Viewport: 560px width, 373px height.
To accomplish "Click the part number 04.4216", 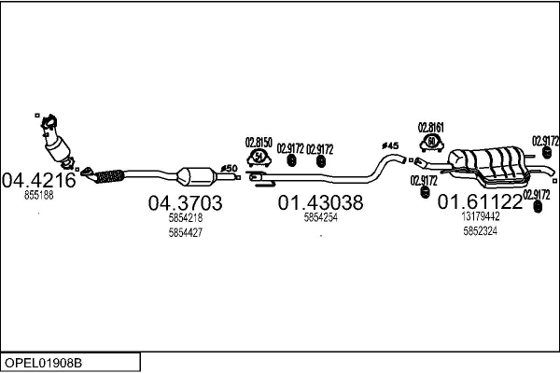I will (x=38, y=181).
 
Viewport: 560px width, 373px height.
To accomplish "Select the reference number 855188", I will (x=38, y=196).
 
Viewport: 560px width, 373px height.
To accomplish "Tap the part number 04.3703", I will (x=185, y=203).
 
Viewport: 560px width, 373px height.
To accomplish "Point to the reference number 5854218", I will (x=185, y=217).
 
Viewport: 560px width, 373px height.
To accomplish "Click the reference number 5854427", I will (x=185, y=231).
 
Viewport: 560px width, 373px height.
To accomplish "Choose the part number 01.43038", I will (x=320, y=202).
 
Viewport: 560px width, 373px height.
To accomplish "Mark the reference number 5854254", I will (x=320, y=216).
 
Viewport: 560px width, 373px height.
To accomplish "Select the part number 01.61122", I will (x=481, y=202).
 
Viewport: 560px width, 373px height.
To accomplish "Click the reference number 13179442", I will (x=481, y=216).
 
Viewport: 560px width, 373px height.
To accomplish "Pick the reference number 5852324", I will (x=481, y=230).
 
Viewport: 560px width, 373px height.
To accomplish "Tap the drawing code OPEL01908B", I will (x=45, y=361).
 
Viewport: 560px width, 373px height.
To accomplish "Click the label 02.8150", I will (x=259, y=143).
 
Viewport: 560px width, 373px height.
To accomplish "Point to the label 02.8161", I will (x=430, y=127).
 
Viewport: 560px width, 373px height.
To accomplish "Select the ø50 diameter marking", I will (x=227, y=168).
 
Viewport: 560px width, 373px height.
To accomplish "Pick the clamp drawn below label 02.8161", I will (x=431, y=145).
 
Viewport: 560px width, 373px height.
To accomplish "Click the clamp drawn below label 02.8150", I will (x=259, y=160).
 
